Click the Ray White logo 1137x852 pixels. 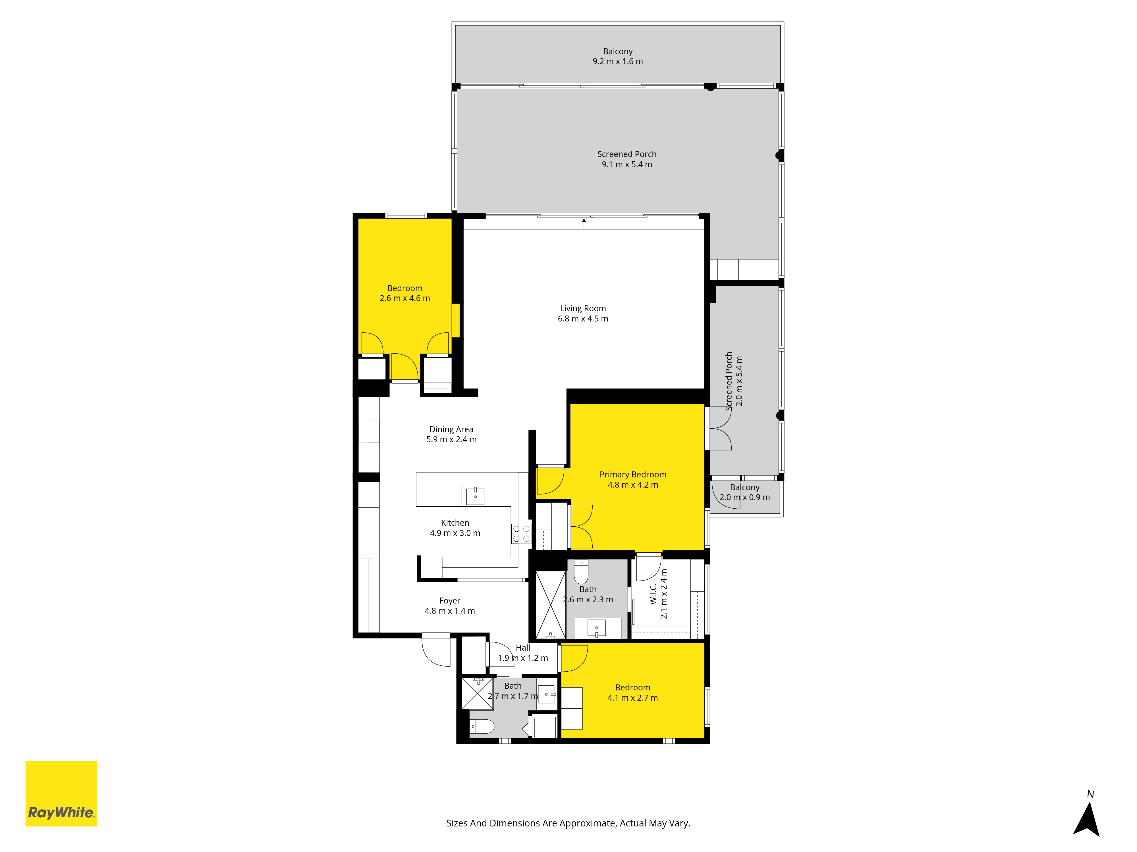(x=61, y=793)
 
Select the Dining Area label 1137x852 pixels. (x=451, y=429)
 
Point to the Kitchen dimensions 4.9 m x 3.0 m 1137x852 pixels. (x=455, y=533)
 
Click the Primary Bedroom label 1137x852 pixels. (x=633, y=475)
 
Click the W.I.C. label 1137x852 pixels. (x=653, y=594)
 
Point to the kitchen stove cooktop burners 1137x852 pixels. (x=521, y=534)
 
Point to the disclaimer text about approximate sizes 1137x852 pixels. (x=568, y=823)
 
